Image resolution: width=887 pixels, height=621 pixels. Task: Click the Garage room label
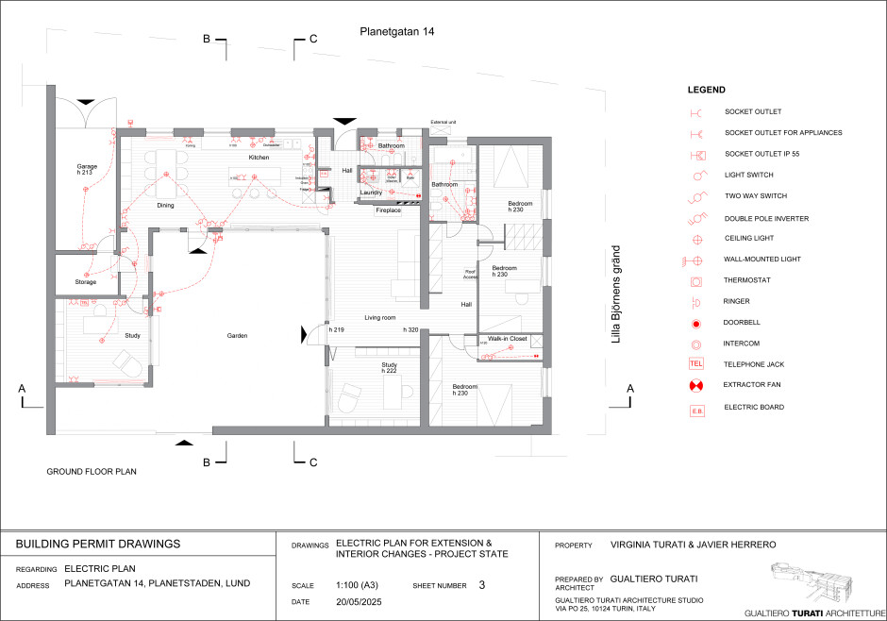(x=87, y=167)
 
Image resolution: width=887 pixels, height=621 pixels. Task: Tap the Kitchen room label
(x=259, y=158)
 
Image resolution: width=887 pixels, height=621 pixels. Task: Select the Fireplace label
(x=389, y=210)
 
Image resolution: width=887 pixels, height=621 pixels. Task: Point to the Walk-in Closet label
(x=507, y=338)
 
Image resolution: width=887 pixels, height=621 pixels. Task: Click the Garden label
(x=237, y=336)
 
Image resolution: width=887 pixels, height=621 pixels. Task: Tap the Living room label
(x=379, y=318)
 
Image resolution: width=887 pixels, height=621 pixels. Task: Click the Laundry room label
(x=371, y=193)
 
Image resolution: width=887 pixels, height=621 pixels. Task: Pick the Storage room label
(x=86, y=282)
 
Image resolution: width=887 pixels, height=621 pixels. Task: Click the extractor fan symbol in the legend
(x=696, y=386)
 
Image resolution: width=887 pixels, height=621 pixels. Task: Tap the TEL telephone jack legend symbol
(x=696, y=364)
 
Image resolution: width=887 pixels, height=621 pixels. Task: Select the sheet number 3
(x=481, y=585)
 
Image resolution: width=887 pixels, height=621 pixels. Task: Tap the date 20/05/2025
(x=357, y=601)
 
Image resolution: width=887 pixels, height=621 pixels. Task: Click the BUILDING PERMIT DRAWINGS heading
(x=98, y=545)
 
